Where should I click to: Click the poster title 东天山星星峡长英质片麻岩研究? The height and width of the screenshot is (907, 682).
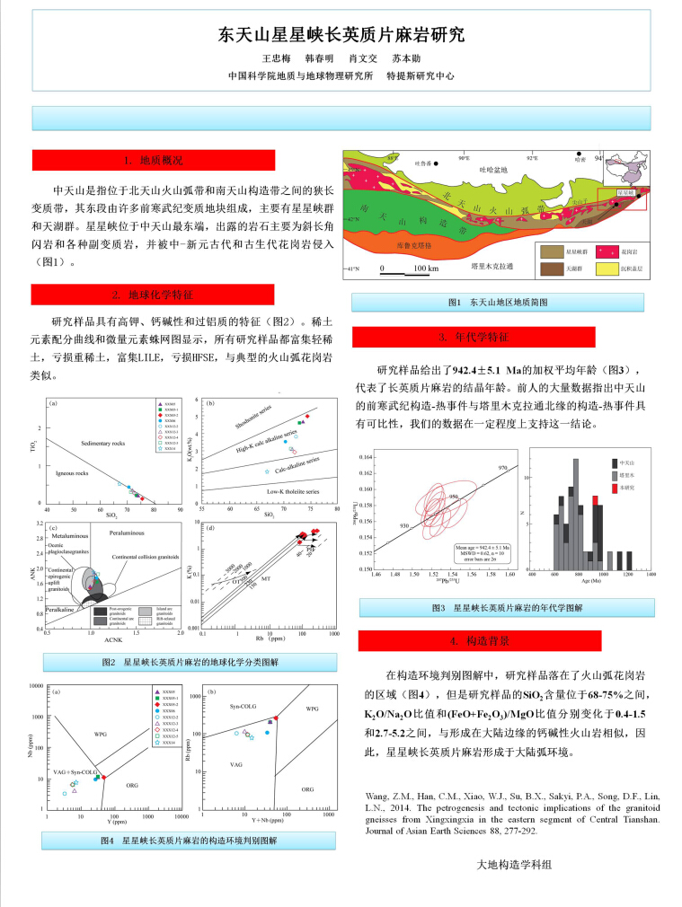pyautogui.click(x=341, y=36)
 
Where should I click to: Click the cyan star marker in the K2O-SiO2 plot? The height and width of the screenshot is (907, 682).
pyautogui.click(x=267, y=471)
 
